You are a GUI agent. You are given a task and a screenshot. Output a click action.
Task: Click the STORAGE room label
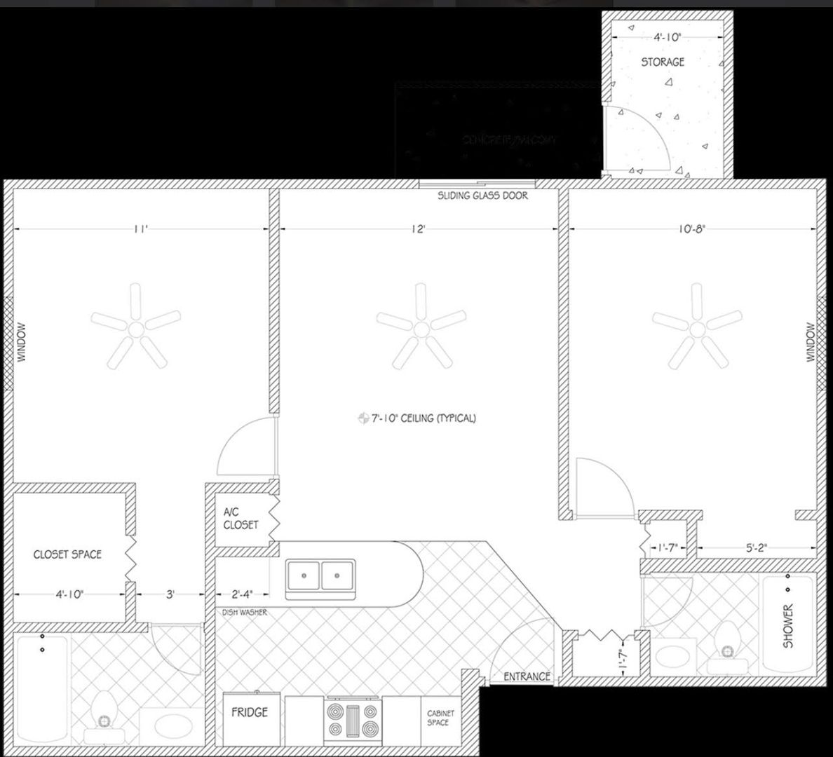click(x=663, y=62)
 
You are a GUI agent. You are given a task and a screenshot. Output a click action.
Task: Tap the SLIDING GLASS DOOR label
click(x=482, y=196)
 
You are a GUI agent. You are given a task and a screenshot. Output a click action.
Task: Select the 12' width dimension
click(x=419, y=229)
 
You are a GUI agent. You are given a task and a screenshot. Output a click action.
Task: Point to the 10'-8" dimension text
click(x=693, y=229)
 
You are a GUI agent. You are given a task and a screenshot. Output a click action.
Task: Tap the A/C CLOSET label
click(x=241, y=519)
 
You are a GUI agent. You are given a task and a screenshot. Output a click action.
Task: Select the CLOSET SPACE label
click(x=67, y=554)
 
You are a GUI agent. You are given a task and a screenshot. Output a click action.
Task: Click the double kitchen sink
click(x=321, y=576)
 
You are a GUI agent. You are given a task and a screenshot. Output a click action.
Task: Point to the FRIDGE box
click(x=250, y=712)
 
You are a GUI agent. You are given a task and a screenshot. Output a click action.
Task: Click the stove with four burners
click(x=353, y=720)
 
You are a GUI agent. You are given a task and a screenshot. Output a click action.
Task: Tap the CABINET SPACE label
click(x=440, y=718)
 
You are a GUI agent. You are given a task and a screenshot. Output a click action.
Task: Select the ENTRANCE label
click(x=527, y=676)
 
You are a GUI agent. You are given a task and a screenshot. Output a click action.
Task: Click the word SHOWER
click(x=788, y=626)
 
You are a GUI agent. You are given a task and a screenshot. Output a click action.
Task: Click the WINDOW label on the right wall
click(x=811, y=342)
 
